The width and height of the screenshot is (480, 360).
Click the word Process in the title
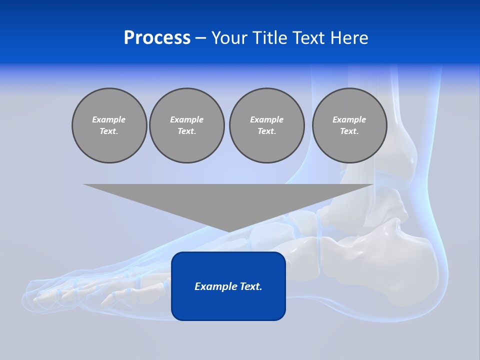click(x=157, y=38)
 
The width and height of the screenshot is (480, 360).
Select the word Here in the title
click(x=348, y=38)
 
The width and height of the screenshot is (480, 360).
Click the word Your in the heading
click(x=230, y=38)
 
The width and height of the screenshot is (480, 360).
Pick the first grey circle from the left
click(x=109, y=125)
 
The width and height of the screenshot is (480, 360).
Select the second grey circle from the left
click(x=186, y=125)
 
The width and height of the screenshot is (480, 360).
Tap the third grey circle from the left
click(x=266, y=125)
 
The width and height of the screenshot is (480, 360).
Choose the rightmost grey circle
click(x=349, y=125)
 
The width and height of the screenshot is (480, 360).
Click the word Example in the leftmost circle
click(x=109, y=119)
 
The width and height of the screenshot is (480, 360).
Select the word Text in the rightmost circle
click(x=349, y=131)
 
